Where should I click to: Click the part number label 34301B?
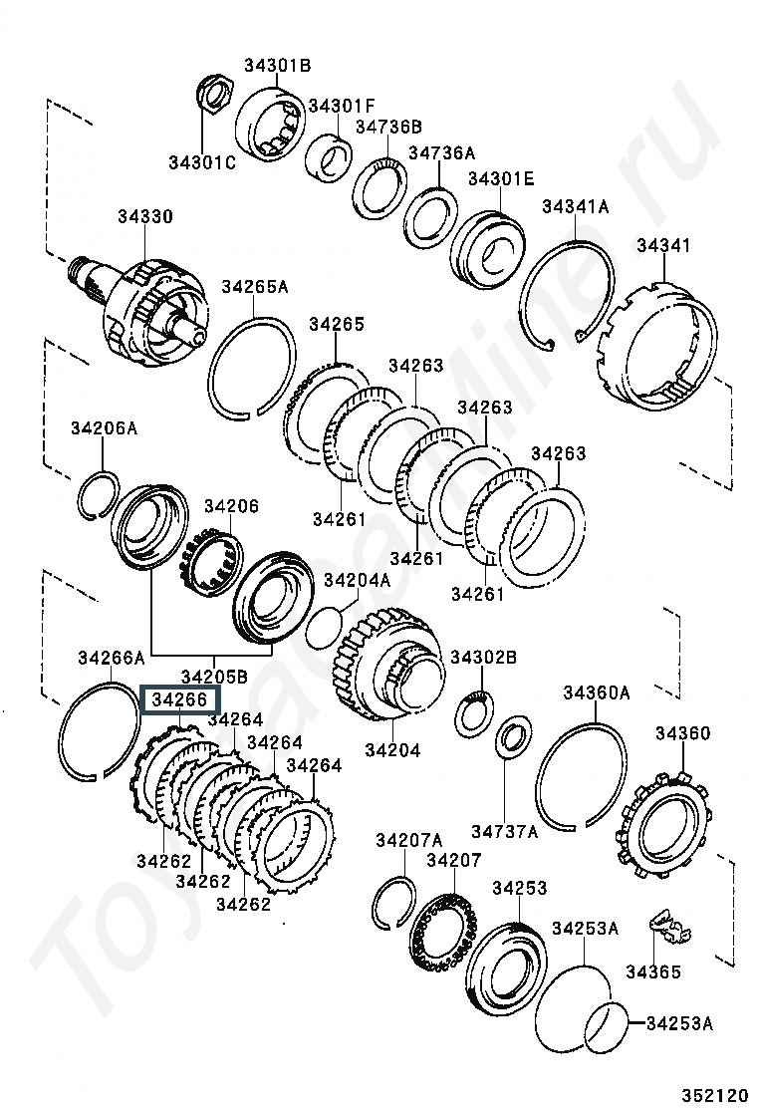(x=278, y=66)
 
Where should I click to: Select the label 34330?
(x=144, y=216)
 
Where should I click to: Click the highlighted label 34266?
(x=179, y=700)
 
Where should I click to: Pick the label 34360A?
(x=597, y=692)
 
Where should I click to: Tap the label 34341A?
(x=575, y=206)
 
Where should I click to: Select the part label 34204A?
(x=358, y=580)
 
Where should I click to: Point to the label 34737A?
(x=504, y=830)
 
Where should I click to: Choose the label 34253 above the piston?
(x=519, y=888)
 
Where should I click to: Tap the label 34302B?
(x=483, y=658)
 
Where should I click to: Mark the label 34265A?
(x=254, y=287)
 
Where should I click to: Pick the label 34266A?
(x=112, y=658)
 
